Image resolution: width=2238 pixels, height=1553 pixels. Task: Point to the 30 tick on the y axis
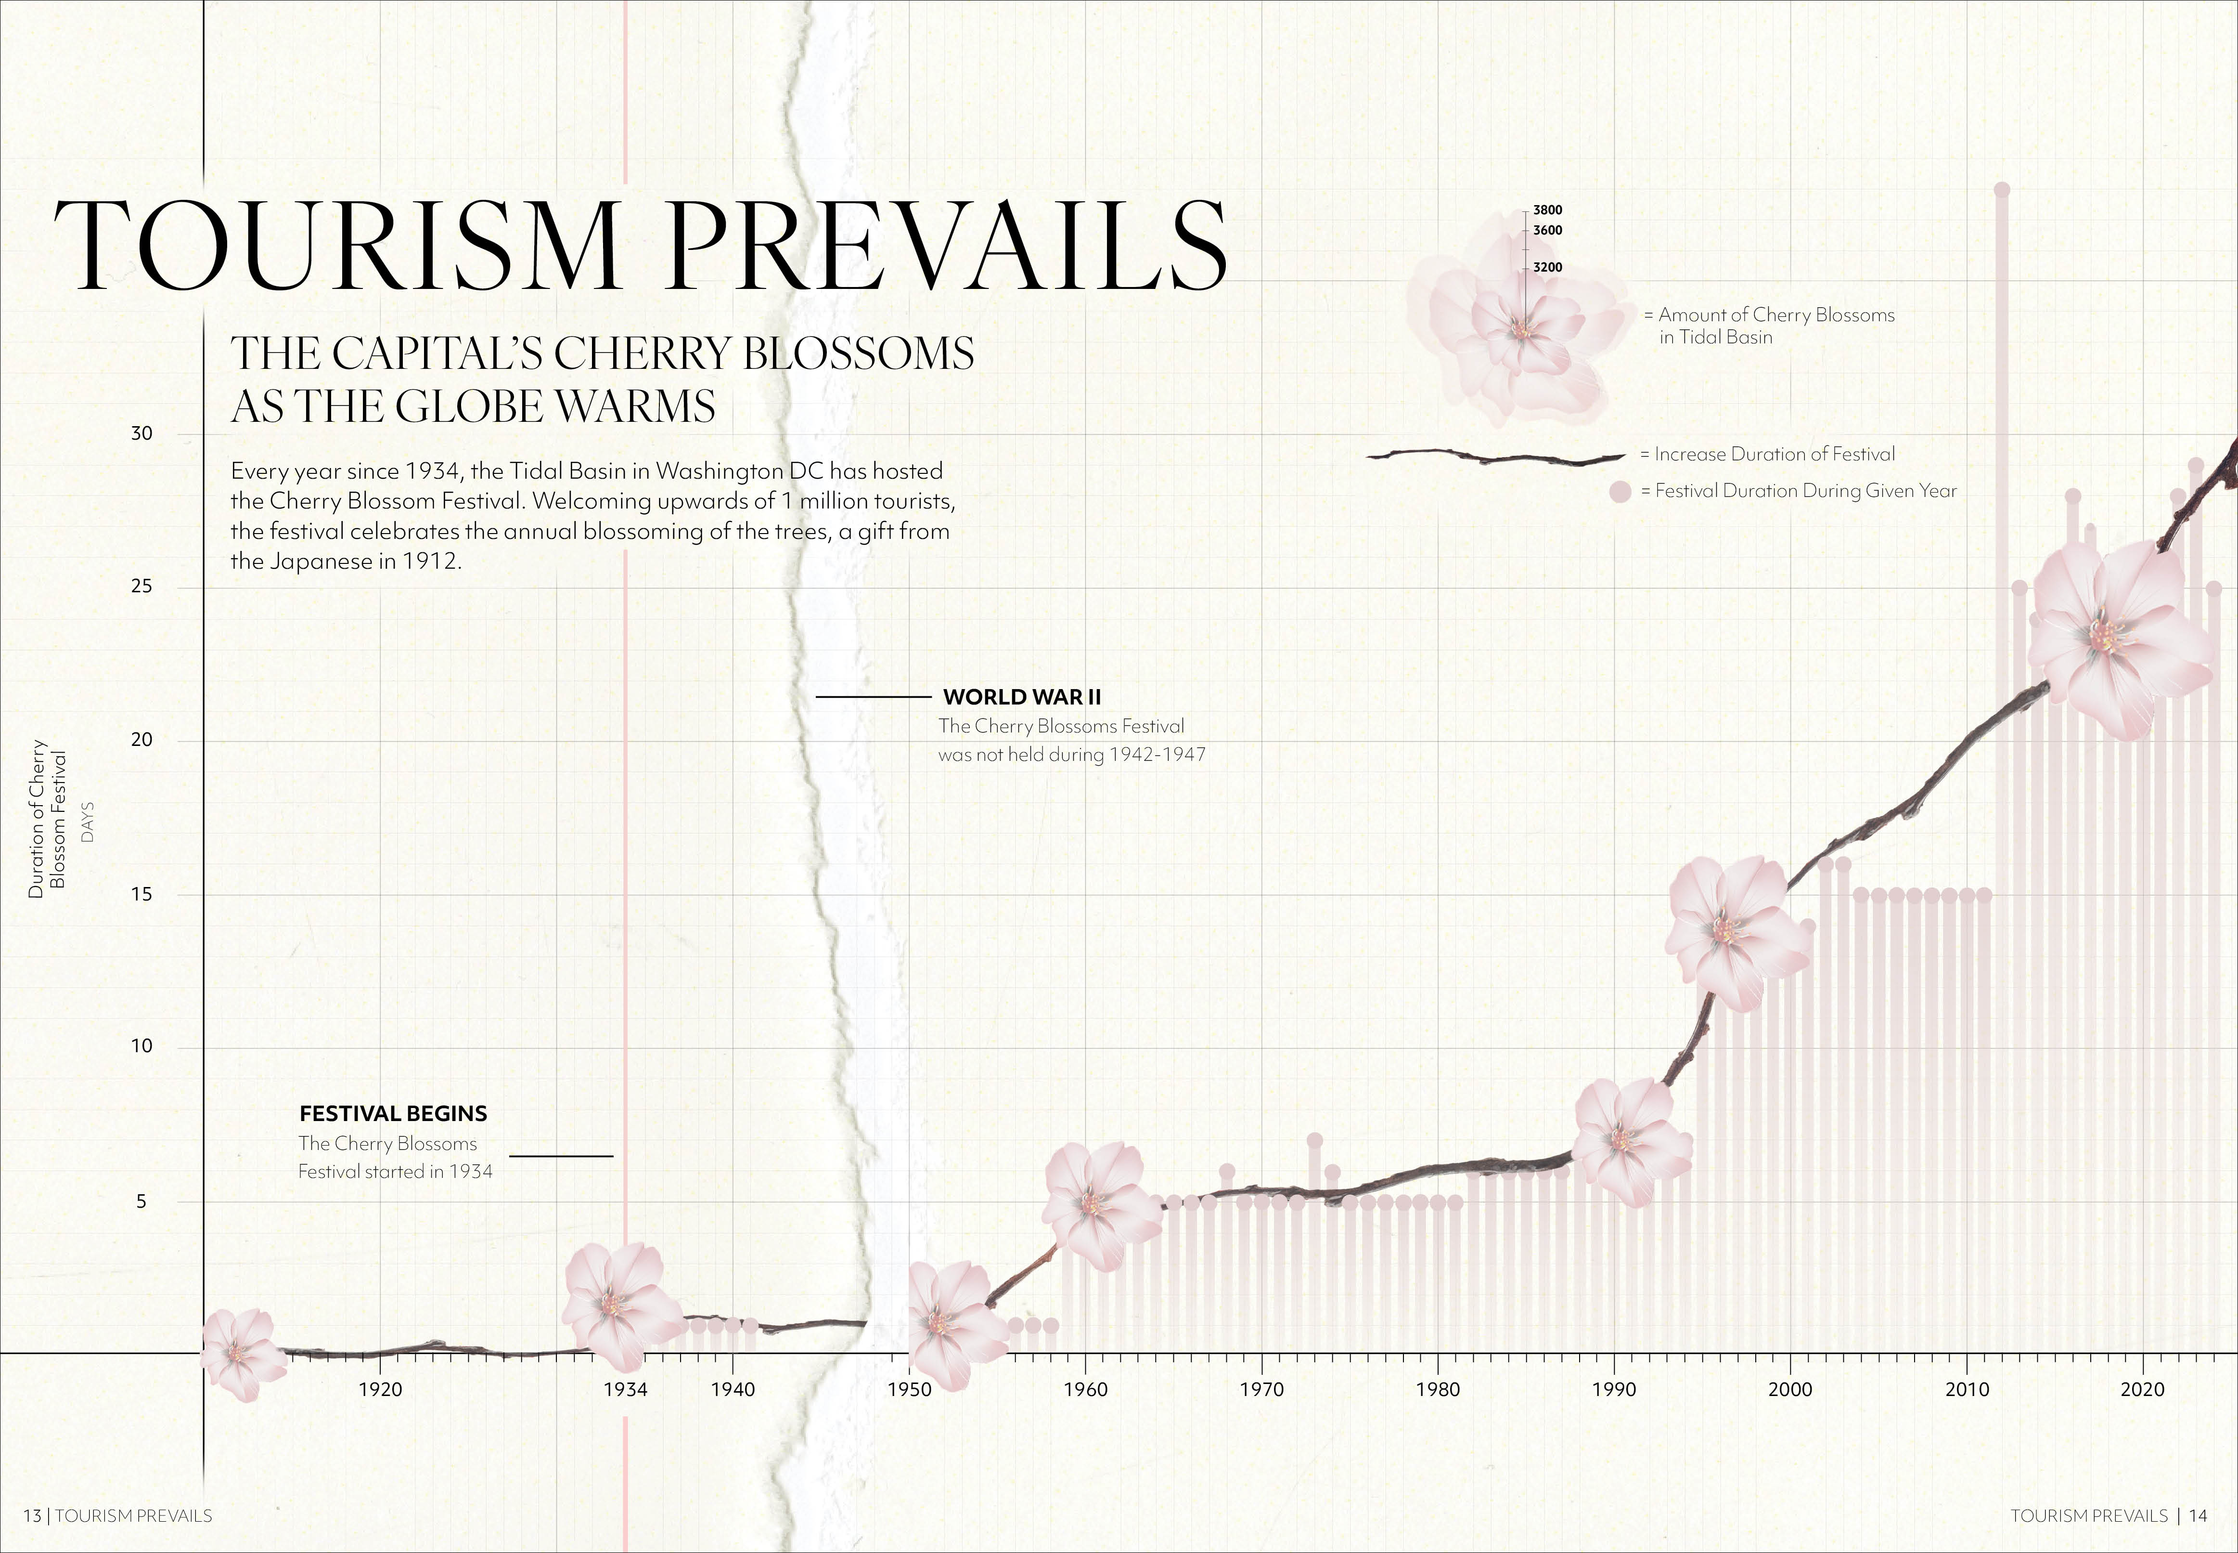[142, 434]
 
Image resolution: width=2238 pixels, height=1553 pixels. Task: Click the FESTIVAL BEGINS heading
[393, 1113]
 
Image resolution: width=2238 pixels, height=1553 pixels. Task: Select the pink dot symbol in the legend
[1620, 491]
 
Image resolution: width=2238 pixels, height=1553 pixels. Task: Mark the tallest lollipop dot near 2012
[2002, 190]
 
